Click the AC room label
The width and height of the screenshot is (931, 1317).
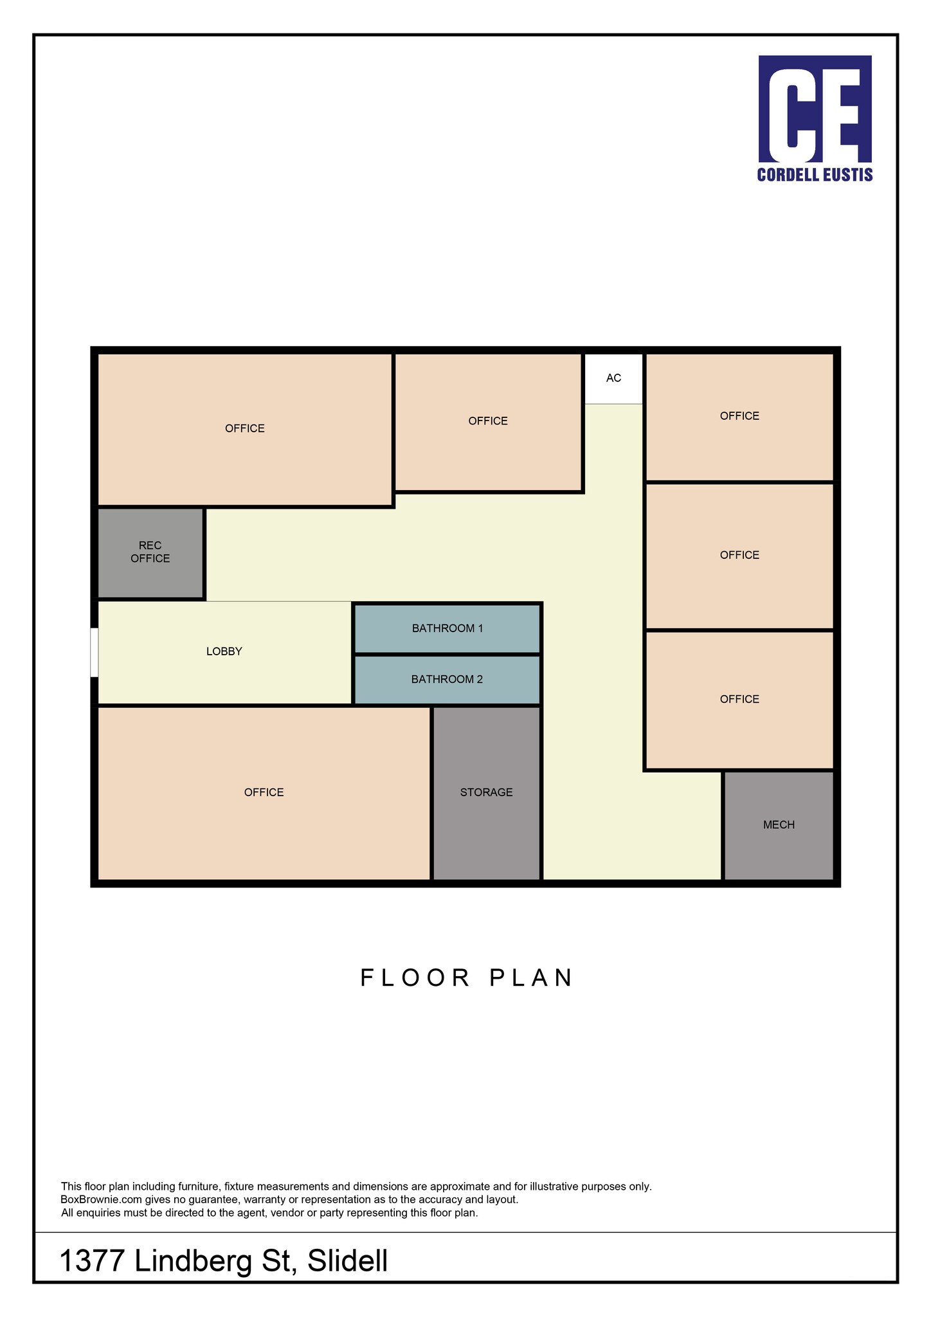(613, 378)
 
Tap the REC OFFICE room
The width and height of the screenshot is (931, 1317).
(150, 553)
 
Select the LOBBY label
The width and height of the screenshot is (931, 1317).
(224, 651)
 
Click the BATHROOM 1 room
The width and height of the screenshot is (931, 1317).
(447, 628)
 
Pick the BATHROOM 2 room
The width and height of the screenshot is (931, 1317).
(447, 680)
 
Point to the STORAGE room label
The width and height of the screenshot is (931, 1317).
(487, 792)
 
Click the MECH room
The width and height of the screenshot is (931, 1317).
(779, 825)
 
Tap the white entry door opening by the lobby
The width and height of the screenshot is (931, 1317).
(94, 652)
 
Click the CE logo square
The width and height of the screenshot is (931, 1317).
(815, 109)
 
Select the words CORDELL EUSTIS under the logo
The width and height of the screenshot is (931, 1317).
(815, 175)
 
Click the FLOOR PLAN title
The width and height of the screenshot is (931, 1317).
(467, 978)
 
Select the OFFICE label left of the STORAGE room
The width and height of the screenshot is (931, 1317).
(264, 792)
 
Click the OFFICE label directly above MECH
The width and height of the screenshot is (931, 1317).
(740, 699)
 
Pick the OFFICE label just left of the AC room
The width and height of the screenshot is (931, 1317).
(488, 421)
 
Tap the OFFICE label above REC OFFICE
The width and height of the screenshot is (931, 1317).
(245, 428)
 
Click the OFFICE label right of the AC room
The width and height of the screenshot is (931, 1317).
(740, 416)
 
